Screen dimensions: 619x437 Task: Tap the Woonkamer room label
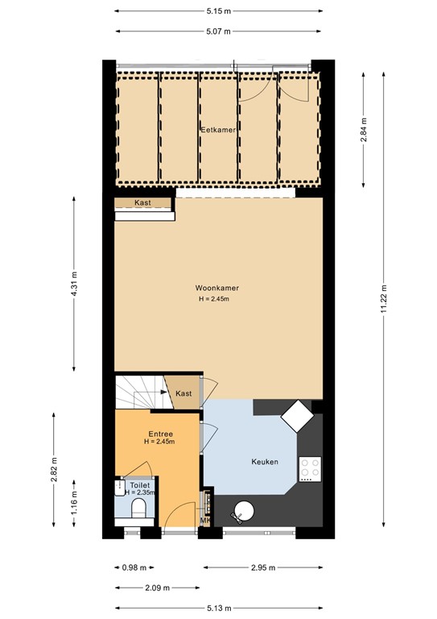(216, 288)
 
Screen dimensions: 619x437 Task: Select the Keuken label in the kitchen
(264, 462)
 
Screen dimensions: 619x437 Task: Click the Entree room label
(160, 434)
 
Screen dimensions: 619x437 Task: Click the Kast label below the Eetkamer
(142, 203)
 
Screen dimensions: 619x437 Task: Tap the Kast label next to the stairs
(183, 393)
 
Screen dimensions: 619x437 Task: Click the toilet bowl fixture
(138, 507)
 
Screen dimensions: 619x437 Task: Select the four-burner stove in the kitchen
(309, 469)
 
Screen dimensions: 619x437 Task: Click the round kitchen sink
(243, 510)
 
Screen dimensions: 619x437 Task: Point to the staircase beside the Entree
(138, 393)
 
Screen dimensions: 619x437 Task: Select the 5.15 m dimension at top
(219, 10)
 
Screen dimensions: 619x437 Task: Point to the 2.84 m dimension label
(364, 130)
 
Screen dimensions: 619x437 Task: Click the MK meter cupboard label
(204, 521)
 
